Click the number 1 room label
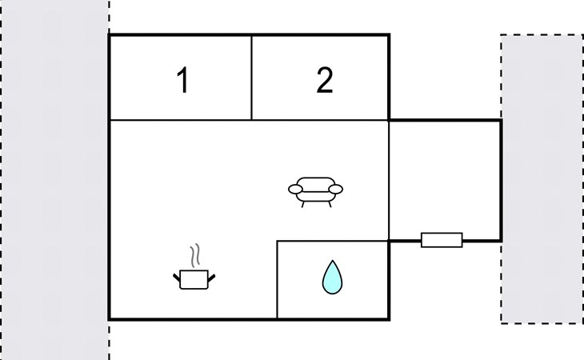[x=183, y=80]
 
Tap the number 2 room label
[x=325, y=80]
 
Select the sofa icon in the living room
[x=315, y=192]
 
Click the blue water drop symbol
[x=332, y=278]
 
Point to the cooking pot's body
[x=194, y=279]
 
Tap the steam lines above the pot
[x=195, y=255]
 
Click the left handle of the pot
[x=177, y=278]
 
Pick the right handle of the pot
[x=211, y=278]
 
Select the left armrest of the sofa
[x=295, y=189]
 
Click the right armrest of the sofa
[x=335, y=189]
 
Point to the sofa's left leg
[x=303, y=204]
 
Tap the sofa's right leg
[x=330, y=204]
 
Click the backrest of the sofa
[x=315, y=182]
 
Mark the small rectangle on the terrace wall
[x=442, y=240]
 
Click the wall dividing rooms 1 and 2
[x=252, y=78]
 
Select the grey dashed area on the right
[x=542, y=179]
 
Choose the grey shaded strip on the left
[x=54, y=180]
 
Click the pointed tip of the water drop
[x=332, y=261]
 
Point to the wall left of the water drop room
[x=277, y=279]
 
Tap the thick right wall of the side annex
[x=501, y=181]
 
